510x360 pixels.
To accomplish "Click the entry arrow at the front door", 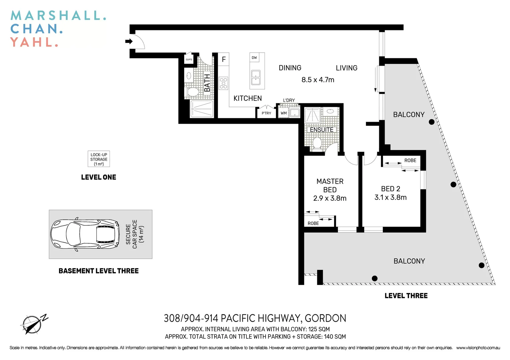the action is [129, 41].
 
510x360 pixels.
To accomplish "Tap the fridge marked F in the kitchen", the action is [223, 59].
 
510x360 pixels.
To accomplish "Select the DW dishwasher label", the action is [254, 58].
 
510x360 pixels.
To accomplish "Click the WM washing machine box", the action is [284, 113].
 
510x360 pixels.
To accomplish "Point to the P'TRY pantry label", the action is [267, 113].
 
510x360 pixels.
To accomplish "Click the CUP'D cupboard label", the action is [189, 60].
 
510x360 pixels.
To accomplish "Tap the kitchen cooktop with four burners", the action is [223, 83].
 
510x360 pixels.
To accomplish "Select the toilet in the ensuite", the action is [317, 143].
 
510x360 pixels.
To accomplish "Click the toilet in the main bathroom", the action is [193, 92].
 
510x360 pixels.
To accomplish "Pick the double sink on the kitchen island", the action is [256, 77].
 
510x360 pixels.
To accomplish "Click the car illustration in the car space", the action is [85, 234].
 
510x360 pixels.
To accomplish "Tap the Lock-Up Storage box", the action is [99, 159].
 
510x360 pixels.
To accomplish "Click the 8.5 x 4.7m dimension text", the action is [318, 80].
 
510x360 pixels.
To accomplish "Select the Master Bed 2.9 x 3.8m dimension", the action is [330, 198].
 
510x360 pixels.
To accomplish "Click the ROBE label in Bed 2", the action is [410, 160].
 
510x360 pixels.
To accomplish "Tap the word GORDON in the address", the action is [325, 318].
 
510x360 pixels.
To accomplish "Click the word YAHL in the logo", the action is [34, 42].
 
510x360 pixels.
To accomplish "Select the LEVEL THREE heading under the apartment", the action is [406, 296].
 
